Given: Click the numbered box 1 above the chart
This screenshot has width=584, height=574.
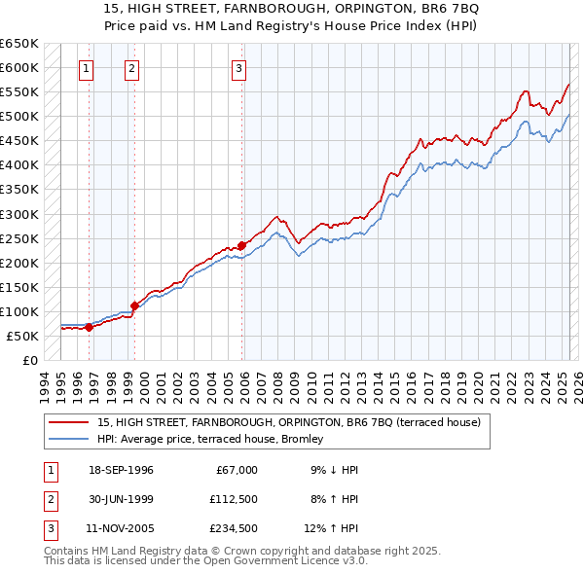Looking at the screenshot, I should (x=87, y=68).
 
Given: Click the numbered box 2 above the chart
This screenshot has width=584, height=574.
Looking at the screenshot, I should (x=131, y=68).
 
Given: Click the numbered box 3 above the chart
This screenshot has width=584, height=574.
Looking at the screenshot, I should (x=238, y=68).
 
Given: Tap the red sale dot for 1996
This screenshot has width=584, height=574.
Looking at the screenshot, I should (x=89, y=327).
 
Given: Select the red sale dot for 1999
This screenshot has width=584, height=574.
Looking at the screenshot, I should (x=134, y=305).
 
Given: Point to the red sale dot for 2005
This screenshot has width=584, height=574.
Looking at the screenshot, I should (x=241, y=246).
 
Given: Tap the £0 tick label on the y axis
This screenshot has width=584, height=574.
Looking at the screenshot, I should (x=29, y=360).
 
